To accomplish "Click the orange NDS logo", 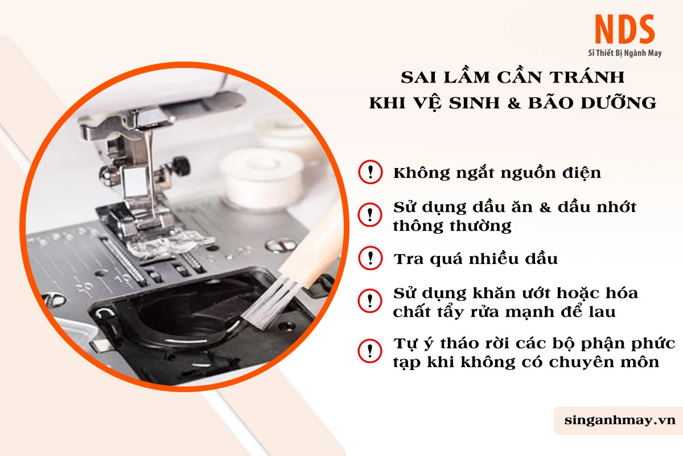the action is pyautogui.click(x=624, y=29).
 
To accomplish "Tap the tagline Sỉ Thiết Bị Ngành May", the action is pyautogui.click(x=625, y=53).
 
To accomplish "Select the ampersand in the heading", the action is pyautogui.click(x=514, y=103).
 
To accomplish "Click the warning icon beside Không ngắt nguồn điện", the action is pyautogui.click(x=370, y=172).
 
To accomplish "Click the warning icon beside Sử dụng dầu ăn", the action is pyautogui.click(x=370, y=215).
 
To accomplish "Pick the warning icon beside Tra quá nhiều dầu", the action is pyautogui.click(x=370, y=258).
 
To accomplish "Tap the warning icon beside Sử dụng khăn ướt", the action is pyautogui.click(x=370, y=300).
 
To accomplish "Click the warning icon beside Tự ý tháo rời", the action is pyautogui.click(x=370, y=351).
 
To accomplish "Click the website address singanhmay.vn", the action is pyautogui.click(x=620, y=420).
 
